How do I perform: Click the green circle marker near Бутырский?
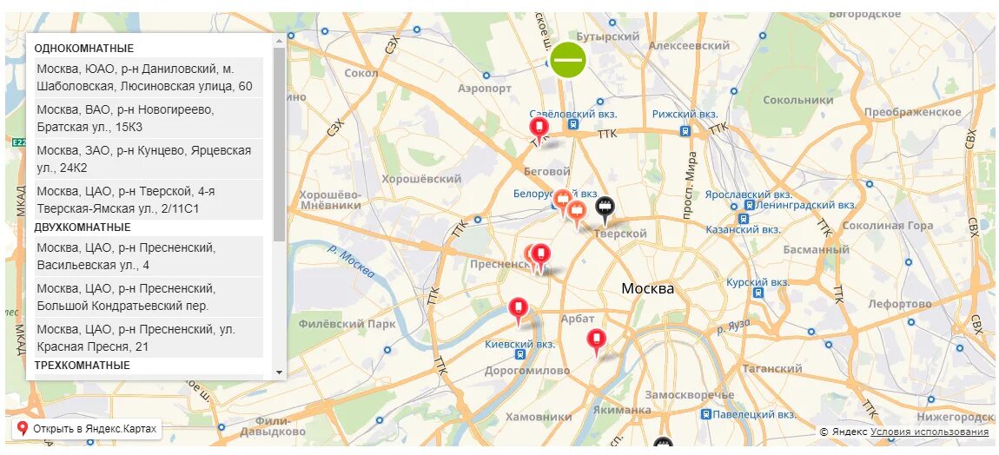click(x=568, y=60)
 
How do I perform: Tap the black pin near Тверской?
click(x=605, y=207)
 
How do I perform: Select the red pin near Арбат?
click(x=596, y=340)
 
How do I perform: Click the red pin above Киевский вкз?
click(x=519, y=308)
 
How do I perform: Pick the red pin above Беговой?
click(x=539, y=129)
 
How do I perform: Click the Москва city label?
click(x=647, y=288)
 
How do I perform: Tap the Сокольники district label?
click(x=797, y=100)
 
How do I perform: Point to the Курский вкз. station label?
click(x=758, y=282)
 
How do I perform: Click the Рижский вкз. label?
click(x=685, y=115)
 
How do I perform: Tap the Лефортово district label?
click(x=898, y=305)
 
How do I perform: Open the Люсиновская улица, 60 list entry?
click(x=149, y=77)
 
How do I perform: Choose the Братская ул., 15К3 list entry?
click(x=149, y=118)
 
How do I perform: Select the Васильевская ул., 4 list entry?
click(x=149, y=256)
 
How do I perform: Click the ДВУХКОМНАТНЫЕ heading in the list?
click(x=83, y=227)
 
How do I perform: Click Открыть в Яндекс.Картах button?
click(x=87, y=429)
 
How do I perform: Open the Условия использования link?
click(x=929, y=432)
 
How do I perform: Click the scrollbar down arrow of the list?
click(x=279, y=372)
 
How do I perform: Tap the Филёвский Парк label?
click(x=347, y=324)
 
